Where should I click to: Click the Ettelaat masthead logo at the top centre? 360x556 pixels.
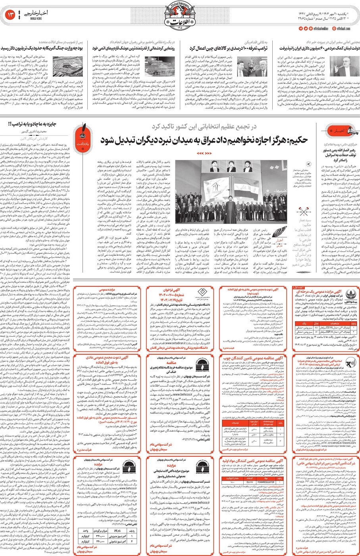tap(180, 16)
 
